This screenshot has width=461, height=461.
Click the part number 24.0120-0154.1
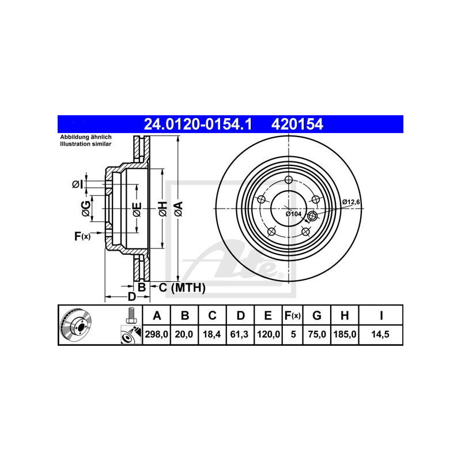pyautogui.click(x=198, y=124)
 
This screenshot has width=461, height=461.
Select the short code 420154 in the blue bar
pyautogui.click(x=297, y=124)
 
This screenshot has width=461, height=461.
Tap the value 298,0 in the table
pyautogui.click(x=156, y=334)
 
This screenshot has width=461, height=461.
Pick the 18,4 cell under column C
pyautogui.click(x=211, y=334)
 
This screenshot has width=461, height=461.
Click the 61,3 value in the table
pyautogui.click(x=239, y=334)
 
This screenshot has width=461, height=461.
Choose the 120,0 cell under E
pyautogui.click(x=268, y=334)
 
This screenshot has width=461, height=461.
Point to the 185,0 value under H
pyautogui.click(x=345, y=334)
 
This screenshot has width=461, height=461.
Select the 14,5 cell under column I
pyautogui.click(x=380, y=334)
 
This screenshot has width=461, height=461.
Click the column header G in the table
pyautogui.click(x=316, y=315)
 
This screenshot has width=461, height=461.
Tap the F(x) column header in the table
pyautogui.click(x=293, y=315)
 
